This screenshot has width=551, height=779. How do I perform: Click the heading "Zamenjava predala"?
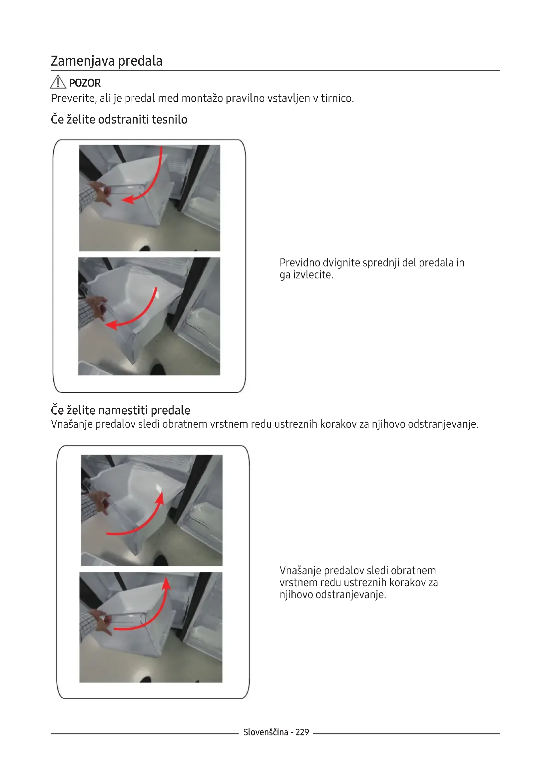(107, 61)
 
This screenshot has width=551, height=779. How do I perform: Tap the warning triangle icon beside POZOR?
(58, 82)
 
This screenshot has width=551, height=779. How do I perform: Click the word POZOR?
(85, 83)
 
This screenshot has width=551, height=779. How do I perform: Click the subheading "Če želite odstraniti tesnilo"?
(119, 119)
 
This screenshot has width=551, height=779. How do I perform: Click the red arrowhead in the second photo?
(111, 325)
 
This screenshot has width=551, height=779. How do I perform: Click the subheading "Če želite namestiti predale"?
(121, 410)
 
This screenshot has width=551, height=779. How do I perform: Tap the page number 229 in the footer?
(302, 732)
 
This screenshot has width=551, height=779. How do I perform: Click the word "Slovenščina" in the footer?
(266, 732)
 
